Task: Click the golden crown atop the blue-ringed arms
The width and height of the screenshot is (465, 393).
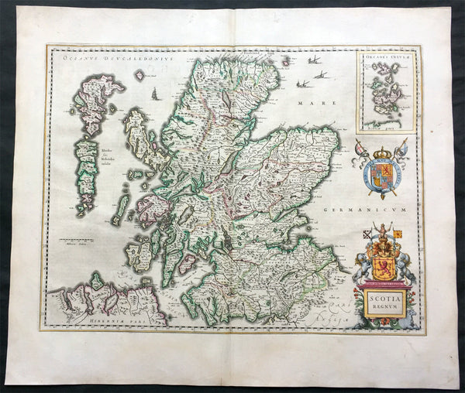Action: point(381,146)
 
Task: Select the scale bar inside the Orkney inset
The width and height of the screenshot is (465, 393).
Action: point(380,121)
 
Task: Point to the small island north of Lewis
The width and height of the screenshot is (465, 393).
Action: point(139,76)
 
